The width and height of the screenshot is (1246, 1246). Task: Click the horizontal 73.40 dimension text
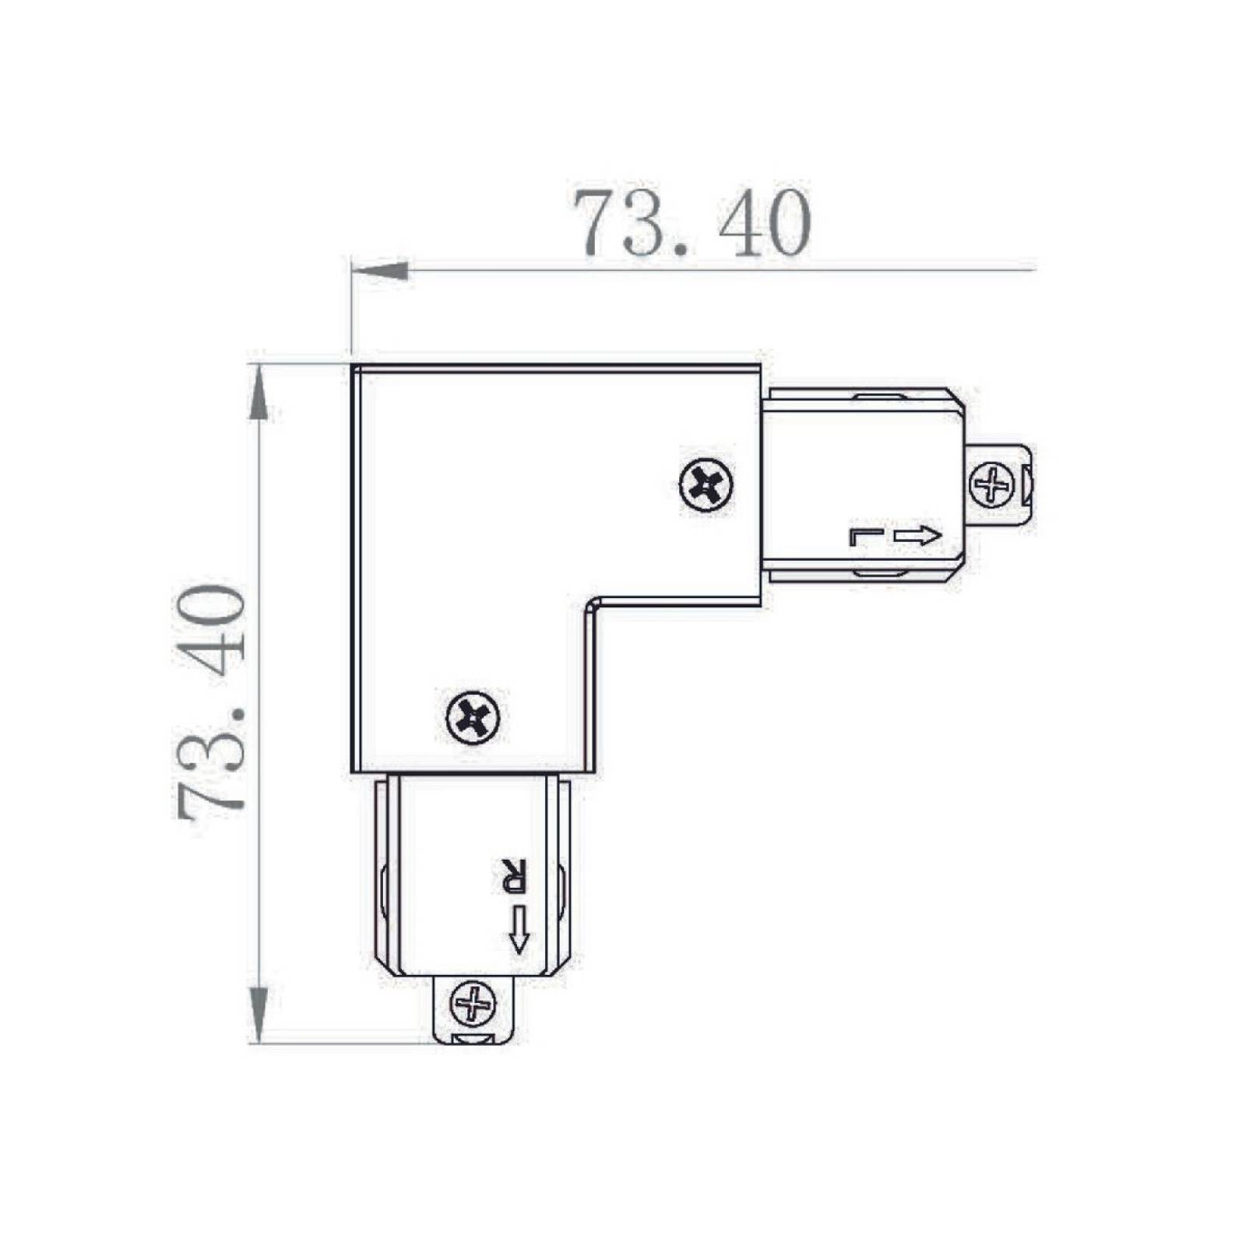(x=692, y=224)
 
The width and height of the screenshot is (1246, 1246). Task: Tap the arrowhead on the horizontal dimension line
(x=380, y=270)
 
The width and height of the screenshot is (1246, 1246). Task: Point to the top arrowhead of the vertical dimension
(x=259, y=392)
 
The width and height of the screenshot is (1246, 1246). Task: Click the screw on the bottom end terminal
(x=473, y=1004)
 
